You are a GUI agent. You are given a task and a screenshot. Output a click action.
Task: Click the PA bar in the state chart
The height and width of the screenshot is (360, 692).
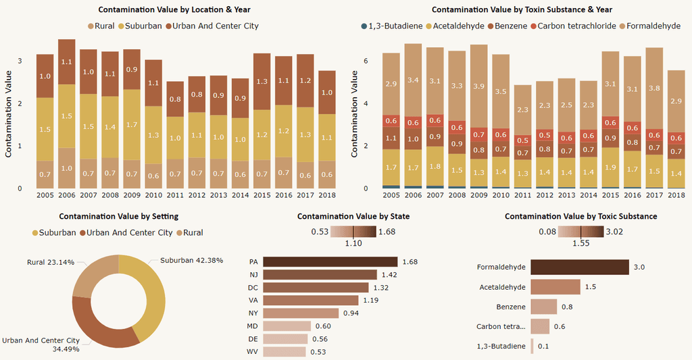coord(330,261)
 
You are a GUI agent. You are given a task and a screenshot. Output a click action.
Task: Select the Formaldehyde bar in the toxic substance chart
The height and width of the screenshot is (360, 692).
coord(579,267)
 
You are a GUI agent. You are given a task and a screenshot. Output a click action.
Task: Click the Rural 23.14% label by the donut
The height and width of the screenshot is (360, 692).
coord(50,262)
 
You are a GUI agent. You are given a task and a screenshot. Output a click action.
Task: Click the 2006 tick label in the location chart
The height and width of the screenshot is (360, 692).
coord(66,195)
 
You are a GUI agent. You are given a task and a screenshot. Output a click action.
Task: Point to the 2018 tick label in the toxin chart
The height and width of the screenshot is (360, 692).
coord(676,195)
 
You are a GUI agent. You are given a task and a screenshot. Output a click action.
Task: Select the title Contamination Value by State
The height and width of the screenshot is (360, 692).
coord(353,216)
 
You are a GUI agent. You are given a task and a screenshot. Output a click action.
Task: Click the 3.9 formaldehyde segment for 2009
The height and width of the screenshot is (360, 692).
coord(479,86)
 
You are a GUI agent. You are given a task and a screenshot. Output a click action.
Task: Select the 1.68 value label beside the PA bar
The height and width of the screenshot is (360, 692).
coord(410,261)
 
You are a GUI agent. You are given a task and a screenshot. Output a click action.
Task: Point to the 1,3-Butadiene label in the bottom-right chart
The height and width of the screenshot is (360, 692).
coord(501,346)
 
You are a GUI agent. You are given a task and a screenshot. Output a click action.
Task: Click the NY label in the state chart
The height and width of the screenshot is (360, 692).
coord(253,313)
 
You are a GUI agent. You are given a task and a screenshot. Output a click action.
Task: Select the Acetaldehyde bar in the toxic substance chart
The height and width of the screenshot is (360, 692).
coord(555,287)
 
